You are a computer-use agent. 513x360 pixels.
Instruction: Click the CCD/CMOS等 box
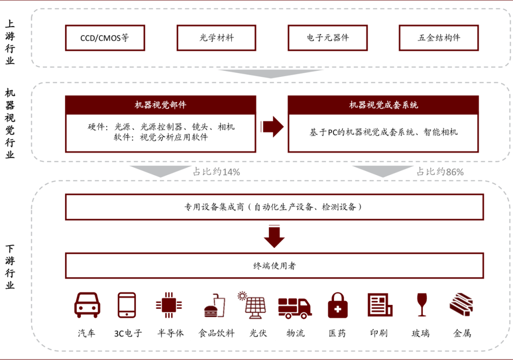click(105, 38)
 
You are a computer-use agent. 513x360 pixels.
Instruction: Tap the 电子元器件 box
click(328, 38)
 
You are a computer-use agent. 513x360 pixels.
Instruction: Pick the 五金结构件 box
click(439, 38)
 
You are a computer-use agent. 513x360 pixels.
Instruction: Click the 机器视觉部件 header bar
click(160, 105)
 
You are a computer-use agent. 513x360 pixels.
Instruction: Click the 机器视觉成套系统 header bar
click(383, 105)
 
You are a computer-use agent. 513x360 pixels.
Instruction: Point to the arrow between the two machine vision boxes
click(272, 127)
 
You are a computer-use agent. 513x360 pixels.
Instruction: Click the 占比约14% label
click(216, 172)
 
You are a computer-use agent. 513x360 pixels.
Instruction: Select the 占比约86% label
click(440, 172)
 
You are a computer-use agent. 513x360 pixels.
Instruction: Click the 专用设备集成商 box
click(274, 207)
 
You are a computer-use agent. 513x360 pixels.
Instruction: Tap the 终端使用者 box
click(274, 265)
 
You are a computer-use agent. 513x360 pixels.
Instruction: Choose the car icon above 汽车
click(87, 305)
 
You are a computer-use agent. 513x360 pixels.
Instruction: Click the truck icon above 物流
click(294, 307)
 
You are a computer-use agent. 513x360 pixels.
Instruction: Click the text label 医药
click(337, 333)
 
